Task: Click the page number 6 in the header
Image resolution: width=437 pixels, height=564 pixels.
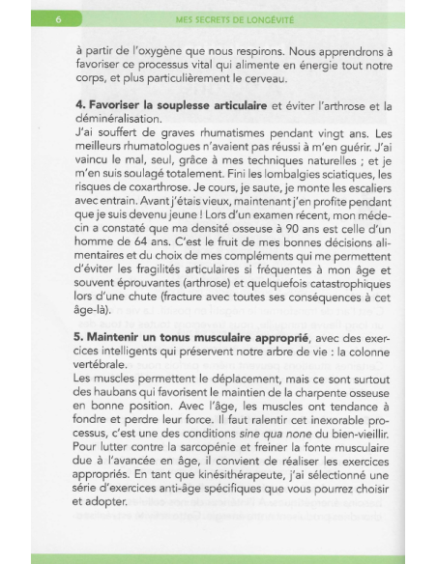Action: pos(60,18)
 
